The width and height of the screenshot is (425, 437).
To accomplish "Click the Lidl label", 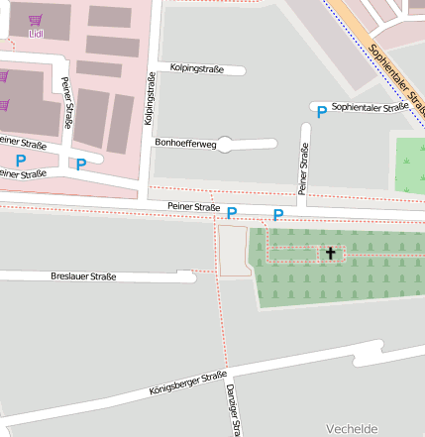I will click(x=37, y=33).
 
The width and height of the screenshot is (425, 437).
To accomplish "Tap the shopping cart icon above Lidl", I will click(x=37, y=19).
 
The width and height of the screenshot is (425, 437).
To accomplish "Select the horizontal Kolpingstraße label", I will click(x=196, y=69).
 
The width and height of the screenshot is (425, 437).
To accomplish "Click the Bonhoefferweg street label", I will click(x=185, y=144).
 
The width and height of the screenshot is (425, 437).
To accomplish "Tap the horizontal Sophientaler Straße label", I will click(x=371, y=107).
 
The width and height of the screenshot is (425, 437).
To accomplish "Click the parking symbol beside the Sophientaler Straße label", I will click(x=321, y=113).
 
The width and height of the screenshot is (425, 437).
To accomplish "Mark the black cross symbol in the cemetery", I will click(x=330, y=254).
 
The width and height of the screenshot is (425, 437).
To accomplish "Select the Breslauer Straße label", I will click(x=83, y=276).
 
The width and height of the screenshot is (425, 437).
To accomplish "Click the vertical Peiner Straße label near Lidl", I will click(x=66, y=95).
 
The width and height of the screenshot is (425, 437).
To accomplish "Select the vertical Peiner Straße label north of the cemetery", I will click(x=304, y=167).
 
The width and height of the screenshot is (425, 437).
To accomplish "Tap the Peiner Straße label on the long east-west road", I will click(x=193, y=207).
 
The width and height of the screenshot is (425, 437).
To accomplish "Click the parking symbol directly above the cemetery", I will click(x=278, y=214).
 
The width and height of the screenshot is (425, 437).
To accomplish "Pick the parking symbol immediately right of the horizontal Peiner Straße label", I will click(x=232, y=213).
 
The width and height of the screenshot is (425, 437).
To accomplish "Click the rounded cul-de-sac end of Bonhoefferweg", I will click(x=225, y=145).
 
